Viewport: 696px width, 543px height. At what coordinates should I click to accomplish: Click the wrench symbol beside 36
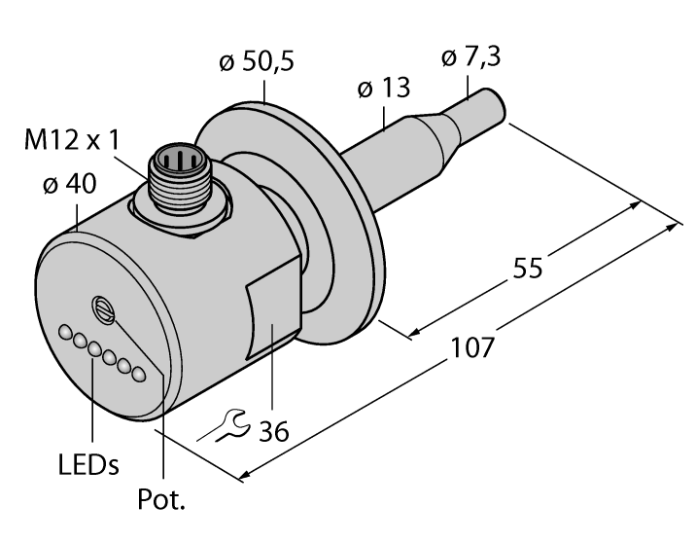(230, 423)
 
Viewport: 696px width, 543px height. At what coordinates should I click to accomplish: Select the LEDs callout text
(88, 463)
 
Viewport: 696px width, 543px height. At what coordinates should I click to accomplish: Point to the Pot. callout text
(164, 501)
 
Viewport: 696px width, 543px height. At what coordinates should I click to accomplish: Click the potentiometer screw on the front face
(104, 309)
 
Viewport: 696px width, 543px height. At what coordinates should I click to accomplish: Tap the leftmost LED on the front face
(65, 333)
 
